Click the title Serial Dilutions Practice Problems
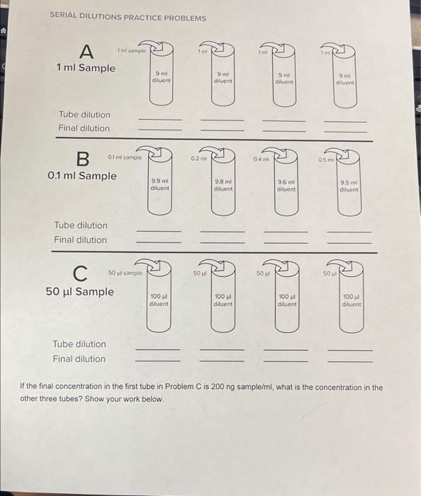coord(128,18)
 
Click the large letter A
coord(87,51)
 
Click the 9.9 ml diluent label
coord(159,184)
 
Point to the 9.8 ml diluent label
coord(223,185)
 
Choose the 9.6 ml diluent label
coord(286,185)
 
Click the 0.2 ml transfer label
coord(197,159)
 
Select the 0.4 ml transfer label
coord(260,159)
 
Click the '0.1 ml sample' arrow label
coord(125,157)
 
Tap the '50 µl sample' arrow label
coord(125,272)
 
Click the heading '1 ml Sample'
coord(86,68)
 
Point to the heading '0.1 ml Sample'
coord(82,176)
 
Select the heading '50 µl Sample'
coord(79,292)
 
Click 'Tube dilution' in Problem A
coord(84,114)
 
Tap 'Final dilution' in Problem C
coord(79,359)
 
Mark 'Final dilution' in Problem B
coord(80,239)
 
